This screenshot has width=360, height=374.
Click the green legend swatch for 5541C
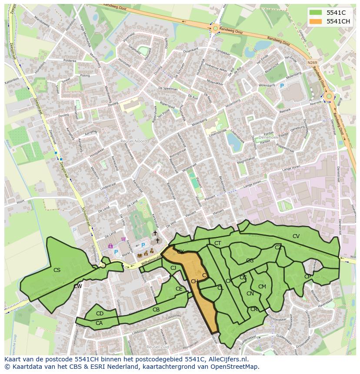pos(316,13)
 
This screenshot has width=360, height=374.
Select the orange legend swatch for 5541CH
pos(316,21)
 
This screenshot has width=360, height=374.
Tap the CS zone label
pos(57,270)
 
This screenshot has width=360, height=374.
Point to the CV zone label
pos(296,236)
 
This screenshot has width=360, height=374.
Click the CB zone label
pos(156,310)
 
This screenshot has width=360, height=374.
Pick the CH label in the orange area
pos(194,281)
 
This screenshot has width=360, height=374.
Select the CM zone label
pos(262,287)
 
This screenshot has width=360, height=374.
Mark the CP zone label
pos(307,277)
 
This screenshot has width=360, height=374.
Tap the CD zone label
pos(100,314)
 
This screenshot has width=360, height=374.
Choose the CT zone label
pos(218,243)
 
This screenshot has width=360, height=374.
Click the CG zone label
pos(250,261)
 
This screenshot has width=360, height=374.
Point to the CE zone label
pos(179,289)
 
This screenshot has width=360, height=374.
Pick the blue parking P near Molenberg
pos(282,86)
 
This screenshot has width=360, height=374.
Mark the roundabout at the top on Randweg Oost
pos(215,29)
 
